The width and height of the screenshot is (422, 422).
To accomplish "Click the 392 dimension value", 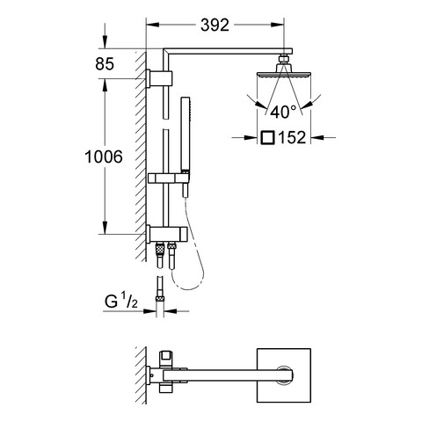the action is [x=215, y=25].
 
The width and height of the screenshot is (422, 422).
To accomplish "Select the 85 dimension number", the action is [x=105, y=63].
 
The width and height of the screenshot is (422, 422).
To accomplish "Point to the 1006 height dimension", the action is [x=104, y=156].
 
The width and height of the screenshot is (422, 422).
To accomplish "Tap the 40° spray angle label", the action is [x=283, y=112].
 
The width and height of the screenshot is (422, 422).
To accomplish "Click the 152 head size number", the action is [x=292, y=137].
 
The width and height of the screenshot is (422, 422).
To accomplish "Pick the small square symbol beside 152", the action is [x=267, y=137].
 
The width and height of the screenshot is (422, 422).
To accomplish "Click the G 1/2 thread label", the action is [x=121, y=302].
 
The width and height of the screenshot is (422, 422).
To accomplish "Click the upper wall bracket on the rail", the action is [x=159, y=78].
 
